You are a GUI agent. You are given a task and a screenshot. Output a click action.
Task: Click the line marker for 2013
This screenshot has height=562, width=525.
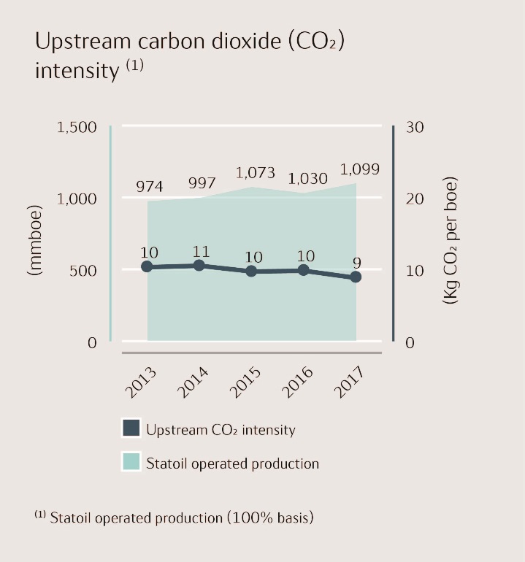point(147,266)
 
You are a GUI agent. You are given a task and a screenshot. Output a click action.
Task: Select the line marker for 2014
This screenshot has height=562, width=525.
point(199,265)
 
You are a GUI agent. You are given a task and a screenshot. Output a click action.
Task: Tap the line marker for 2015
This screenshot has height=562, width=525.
point(251,271)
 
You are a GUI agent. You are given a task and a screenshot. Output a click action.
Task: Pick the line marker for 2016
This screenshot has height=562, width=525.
point(304,270)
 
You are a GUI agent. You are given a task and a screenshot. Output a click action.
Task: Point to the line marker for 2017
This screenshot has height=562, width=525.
point(356,277)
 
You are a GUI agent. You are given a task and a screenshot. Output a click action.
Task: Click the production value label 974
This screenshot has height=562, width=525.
point(150,186)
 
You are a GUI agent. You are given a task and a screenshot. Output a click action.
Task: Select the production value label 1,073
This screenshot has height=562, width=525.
point(255,173)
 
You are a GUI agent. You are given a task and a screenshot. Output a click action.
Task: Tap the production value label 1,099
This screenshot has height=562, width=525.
point(360,169)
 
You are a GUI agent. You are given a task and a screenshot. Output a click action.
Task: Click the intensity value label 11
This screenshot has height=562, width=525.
point(201,252)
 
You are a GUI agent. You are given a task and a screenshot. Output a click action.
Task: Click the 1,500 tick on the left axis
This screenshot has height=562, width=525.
point(77,127)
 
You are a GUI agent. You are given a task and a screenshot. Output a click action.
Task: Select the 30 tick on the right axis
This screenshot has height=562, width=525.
point(414,127)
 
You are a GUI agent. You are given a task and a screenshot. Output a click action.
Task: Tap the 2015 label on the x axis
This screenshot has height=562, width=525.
point(245,382)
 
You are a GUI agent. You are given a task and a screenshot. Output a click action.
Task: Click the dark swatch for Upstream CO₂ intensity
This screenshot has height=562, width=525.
point(131,429)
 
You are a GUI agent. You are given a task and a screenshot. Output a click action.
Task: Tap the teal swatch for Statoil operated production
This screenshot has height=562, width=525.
point(131,463)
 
